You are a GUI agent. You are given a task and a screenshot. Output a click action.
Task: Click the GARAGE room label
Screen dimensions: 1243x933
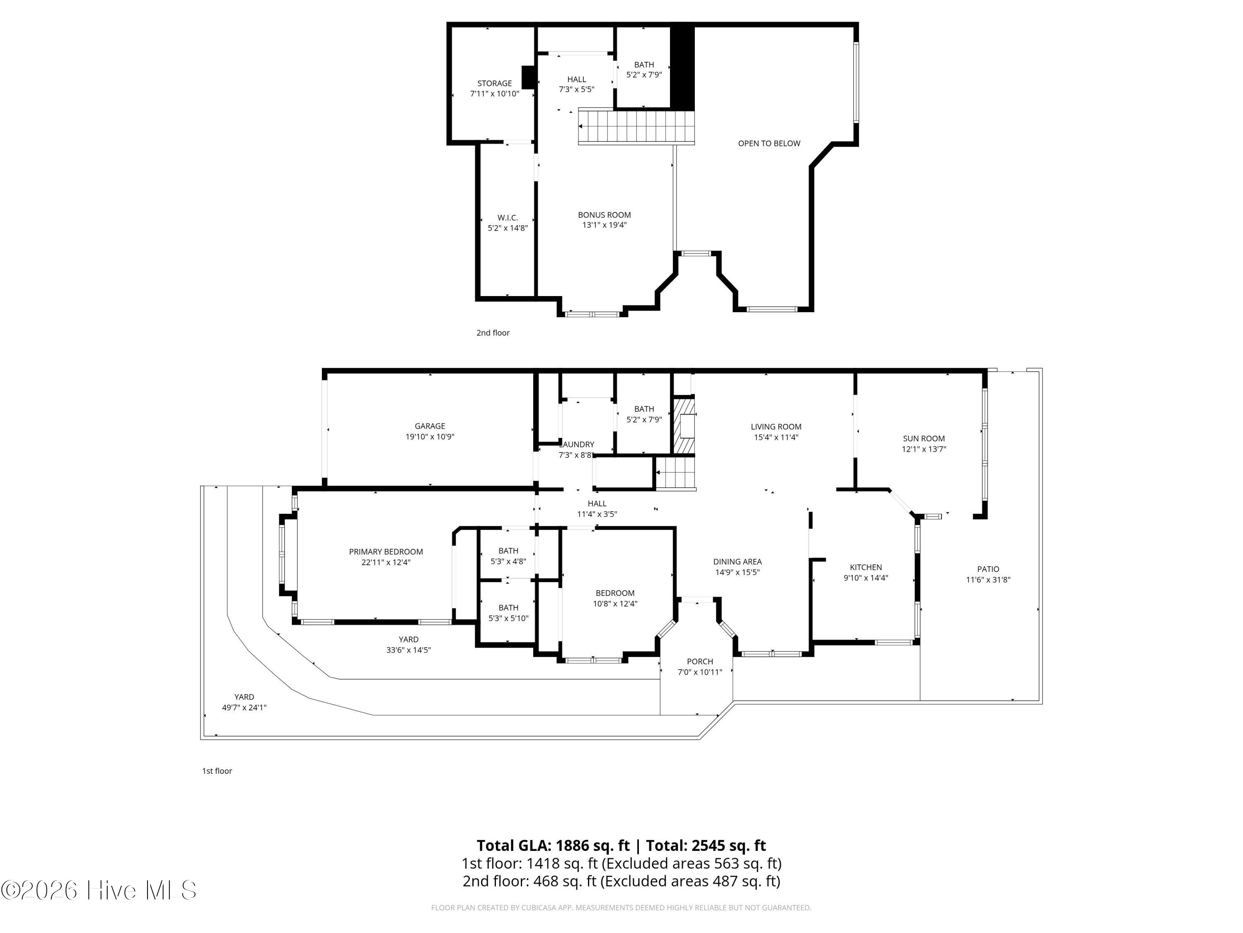pos(430,426)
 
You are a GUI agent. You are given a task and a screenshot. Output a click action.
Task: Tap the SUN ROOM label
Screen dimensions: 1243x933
pos(924,439)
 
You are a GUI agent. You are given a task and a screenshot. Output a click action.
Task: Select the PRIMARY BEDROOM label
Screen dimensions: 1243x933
pos(386,552)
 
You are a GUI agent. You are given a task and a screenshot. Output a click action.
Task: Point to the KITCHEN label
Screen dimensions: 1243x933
pos(866,567)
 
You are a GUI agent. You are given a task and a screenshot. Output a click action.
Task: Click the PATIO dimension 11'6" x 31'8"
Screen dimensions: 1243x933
pos(988,580)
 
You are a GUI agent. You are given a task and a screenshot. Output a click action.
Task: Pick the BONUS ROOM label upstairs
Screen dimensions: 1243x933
pos(605,215)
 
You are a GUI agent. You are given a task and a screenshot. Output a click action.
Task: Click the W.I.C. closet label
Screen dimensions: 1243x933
pos(508,218)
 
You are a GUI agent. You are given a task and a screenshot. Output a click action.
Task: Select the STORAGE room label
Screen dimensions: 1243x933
pos(494,83)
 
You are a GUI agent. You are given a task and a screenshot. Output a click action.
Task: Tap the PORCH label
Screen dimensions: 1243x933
pos(700,662)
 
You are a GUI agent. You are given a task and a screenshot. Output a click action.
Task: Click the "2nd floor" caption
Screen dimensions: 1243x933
pos(493,333)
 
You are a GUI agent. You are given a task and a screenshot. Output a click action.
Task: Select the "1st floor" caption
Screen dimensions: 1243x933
pos(217,771)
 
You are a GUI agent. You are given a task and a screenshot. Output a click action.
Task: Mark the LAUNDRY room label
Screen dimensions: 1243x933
pos(577,444)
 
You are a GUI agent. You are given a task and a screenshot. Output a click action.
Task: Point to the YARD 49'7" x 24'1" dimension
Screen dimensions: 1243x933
pos(244,707)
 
